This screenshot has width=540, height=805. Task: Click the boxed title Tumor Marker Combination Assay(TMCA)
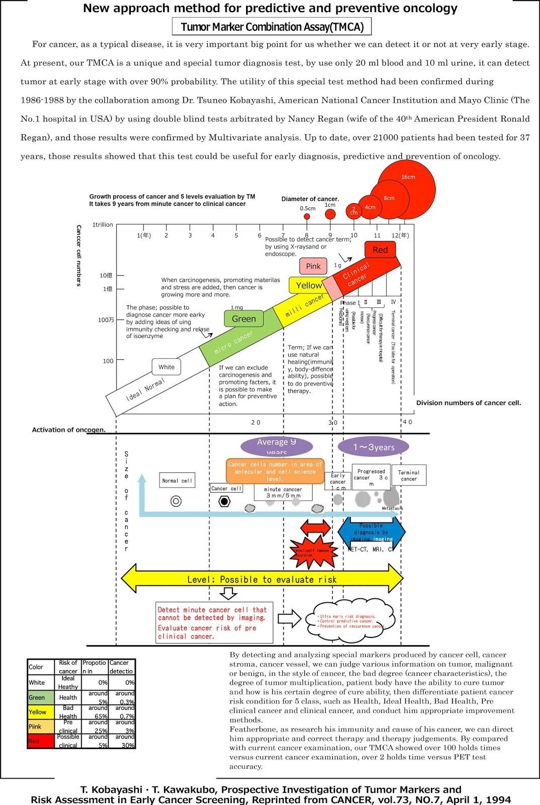click(x=272, y=27)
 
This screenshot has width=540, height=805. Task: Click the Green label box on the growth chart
click(x=244, y=319)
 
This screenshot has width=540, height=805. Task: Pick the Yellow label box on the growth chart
click(x=308, y=285)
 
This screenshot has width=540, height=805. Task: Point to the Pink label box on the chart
click(x=313, y=266)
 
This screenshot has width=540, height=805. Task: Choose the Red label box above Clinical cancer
click(x=380, y=250)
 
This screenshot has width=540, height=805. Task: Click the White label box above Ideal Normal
click(x=167, y=367)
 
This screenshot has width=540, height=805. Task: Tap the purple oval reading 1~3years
click(x=373, y=447)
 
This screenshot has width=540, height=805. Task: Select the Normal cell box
click(x=177, y=480)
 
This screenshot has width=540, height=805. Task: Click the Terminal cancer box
click(x=409, y=475)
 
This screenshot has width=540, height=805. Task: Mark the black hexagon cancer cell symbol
click(x=224, y=502)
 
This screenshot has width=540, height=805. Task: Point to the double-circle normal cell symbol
click(x=176, y=501)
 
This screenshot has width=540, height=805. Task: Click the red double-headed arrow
click(x=315, y=528)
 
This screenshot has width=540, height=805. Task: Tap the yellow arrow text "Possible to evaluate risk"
click(x=262, y=580)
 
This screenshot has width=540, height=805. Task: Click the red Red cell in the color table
click(x=41, y=741)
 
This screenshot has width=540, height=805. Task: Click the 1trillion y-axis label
click(x=103, y=225)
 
